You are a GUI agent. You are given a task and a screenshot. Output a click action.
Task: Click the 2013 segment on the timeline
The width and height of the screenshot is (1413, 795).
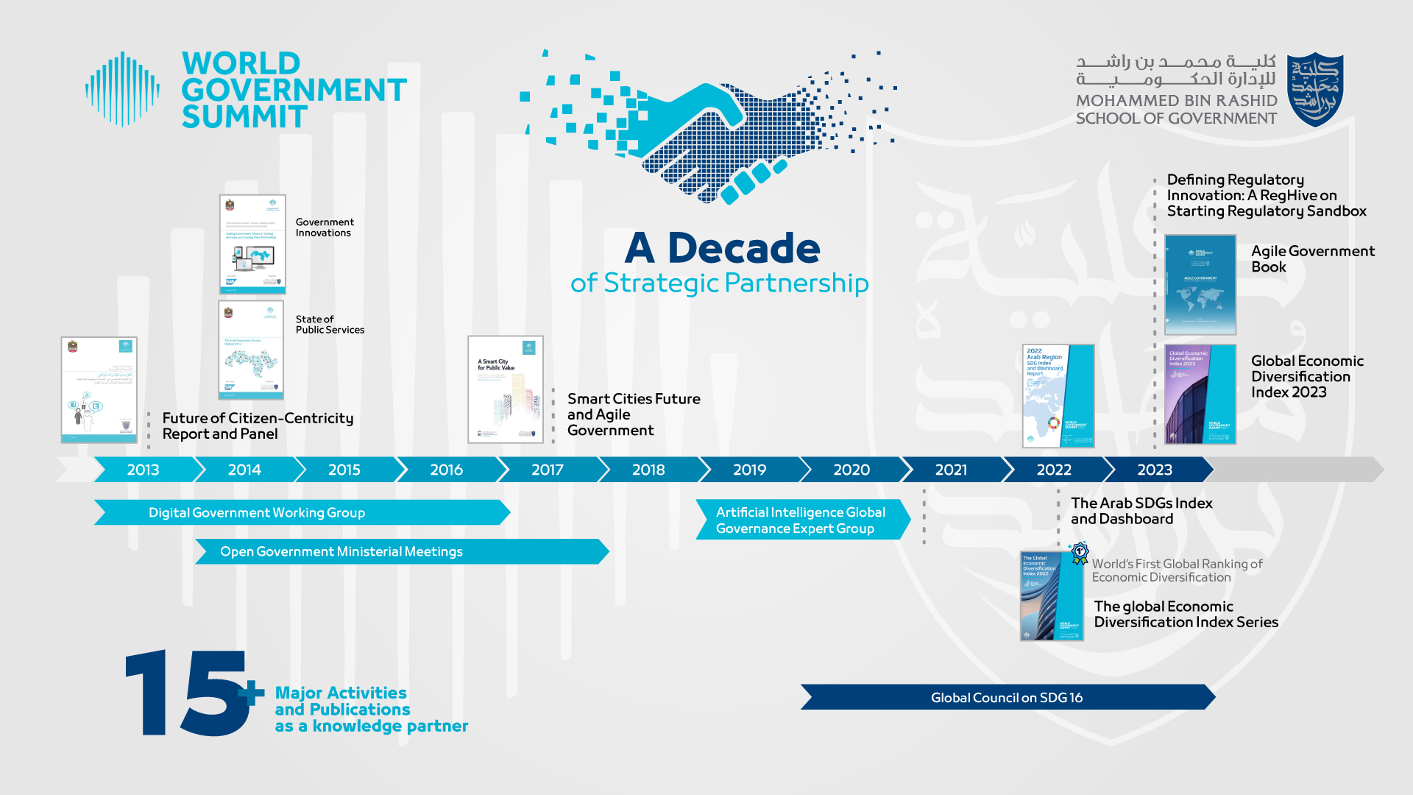144,470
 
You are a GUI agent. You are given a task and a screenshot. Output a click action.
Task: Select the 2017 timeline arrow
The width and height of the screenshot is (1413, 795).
548,470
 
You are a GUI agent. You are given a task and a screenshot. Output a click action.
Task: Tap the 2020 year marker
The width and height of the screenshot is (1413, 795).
851,470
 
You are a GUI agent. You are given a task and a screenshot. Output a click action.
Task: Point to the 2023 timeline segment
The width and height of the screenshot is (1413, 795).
1155,470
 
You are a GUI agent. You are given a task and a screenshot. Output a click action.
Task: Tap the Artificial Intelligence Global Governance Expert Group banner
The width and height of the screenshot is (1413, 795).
801,520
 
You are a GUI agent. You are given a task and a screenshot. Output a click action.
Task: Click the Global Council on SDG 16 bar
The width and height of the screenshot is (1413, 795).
1007,697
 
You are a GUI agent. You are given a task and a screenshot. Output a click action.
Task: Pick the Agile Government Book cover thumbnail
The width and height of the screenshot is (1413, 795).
1200,284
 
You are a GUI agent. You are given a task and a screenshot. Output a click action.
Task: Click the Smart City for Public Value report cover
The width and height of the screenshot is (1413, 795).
506,389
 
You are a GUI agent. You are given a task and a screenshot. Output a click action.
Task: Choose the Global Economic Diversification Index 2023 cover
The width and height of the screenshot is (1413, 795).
1200,394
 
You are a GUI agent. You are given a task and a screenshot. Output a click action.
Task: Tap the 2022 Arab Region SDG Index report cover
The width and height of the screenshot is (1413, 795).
1058,395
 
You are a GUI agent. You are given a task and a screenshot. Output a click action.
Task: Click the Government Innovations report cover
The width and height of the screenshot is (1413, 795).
252,244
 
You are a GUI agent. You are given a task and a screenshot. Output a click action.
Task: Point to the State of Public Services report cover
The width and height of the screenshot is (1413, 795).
251,350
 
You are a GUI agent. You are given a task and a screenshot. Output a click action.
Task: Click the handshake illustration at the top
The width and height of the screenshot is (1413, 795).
706,129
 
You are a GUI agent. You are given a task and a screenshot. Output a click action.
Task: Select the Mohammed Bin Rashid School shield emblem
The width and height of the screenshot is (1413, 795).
1315,88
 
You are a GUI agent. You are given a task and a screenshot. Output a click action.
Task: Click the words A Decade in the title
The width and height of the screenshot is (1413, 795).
722,248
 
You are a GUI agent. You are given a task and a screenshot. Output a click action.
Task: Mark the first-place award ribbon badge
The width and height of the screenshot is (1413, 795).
1080,552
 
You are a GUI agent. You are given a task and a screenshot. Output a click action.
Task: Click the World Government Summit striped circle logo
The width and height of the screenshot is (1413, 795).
122,88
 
